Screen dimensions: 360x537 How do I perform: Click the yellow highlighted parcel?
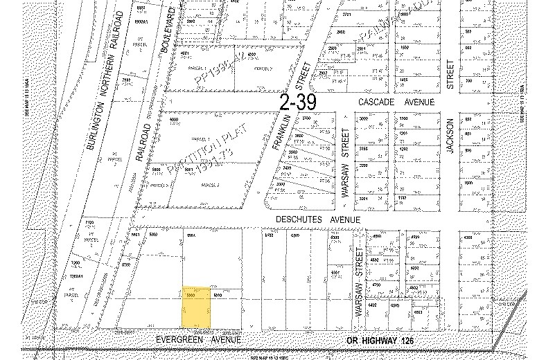pos(196,307)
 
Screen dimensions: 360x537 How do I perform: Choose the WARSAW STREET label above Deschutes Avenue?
pos(342,163)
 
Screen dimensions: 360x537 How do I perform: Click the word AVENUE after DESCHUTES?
pos(345,219)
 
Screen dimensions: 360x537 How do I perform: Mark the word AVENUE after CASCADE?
pos(420,102)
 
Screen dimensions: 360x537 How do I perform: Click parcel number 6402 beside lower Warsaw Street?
pos(371,304)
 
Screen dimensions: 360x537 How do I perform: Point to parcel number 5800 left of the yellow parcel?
pos(125,264)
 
